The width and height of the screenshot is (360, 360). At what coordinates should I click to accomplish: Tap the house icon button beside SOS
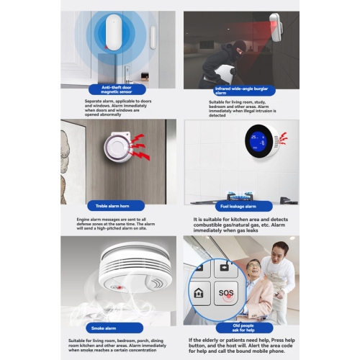pos(198,293)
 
